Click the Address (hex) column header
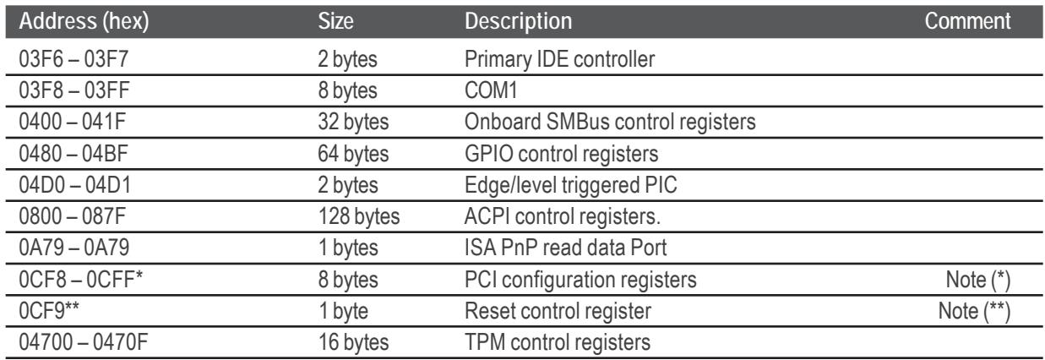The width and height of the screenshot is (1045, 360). tap(84, 21)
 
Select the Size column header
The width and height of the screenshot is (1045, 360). tap(335, 21)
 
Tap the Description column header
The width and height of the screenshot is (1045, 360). tap(519, 21)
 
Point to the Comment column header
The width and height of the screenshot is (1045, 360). tap(967, 21)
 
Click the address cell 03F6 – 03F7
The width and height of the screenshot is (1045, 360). tap(73, 59)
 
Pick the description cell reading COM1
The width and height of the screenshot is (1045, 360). tap(491, 90)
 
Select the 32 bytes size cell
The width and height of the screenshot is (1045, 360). tap(353, 123)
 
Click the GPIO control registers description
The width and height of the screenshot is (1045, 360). tap(561, 154)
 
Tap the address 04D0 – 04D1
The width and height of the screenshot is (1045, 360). tap(74, 185)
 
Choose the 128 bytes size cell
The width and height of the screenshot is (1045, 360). tap(359, 216)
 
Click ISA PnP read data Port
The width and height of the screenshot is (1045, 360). tap(565, 248)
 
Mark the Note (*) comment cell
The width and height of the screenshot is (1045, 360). tap(977, 281)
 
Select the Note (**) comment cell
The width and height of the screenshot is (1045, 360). tap(974, 312)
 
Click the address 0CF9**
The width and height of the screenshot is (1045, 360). tap(49, 310)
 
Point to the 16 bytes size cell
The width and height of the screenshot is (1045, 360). tap(353, 343)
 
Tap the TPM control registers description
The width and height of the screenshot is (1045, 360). tap(558, 343)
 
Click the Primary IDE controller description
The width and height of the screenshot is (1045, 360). tap(560, 59)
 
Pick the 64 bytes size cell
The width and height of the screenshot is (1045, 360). tap(353, 154)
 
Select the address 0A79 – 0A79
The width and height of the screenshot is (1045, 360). tap(73, 248)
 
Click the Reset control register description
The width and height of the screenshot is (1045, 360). tap(558, 312)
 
